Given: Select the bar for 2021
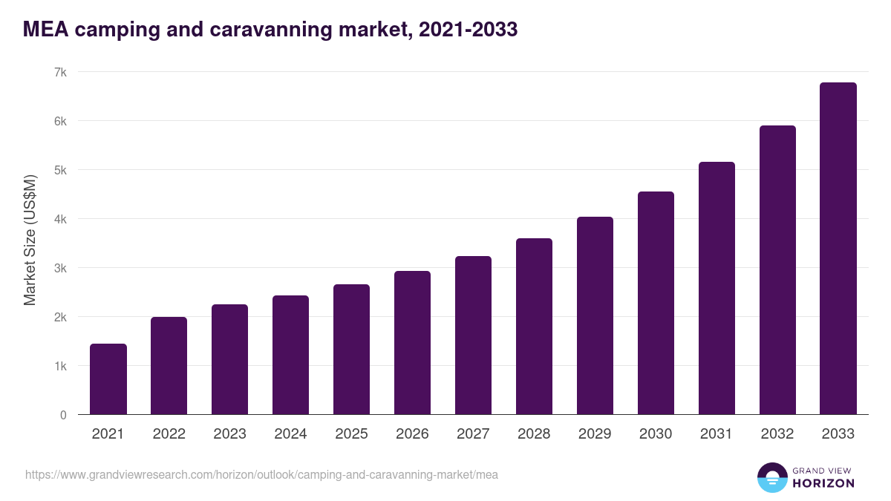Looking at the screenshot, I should (x=108, y=379).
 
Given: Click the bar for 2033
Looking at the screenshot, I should (x=838, y=249).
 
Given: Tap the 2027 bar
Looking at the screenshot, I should (x=473, y=335).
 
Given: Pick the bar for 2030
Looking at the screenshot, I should (x=656, y=303).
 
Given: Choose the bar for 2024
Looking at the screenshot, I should (x=290, y=355).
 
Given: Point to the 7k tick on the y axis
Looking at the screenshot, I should (x=60, y=72).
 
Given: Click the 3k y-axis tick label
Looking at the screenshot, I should (x=60, y=268).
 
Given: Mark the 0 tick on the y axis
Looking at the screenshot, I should (x=63, y=415).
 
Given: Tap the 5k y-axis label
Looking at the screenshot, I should (x=60, y=170).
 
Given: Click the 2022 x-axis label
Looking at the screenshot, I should (x=169, y=434).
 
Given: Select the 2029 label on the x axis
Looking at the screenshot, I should (x=595, y=434).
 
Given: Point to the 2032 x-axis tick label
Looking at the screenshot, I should (x=777, y=434).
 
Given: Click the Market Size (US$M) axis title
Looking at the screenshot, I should (x=30, y=240).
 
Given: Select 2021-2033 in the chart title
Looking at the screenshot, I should (x=468, y=30).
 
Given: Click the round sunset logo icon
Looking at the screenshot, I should (x=771, y=477).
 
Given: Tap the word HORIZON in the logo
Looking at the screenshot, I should (x=823, y=483).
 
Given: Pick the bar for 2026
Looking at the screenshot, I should (x=412, y=343).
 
